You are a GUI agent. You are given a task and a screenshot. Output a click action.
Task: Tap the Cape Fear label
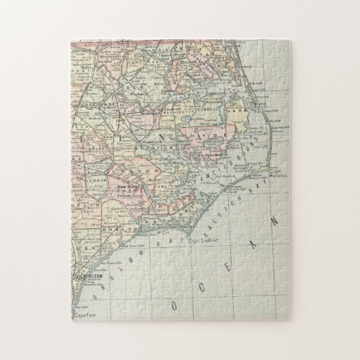[84, 314]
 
